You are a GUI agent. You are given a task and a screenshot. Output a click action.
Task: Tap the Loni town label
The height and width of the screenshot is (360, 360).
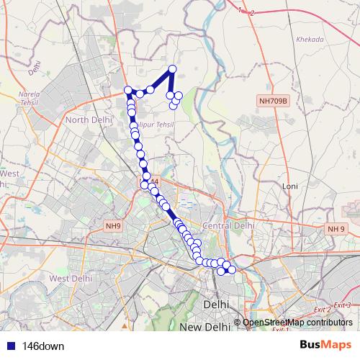(290, 186)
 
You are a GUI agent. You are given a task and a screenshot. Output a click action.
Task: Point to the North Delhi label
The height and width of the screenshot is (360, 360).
(86, 120)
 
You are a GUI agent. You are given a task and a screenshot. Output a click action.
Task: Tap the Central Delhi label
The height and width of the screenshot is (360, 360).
(229, 225)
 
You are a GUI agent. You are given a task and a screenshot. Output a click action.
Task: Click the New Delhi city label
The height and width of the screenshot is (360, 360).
(204, 328)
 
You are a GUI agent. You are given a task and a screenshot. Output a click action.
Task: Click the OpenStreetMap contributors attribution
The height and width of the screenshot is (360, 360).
(297, 323)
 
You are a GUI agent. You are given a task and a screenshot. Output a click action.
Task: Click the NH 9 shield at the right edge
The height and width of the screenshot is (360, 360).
(336, 228)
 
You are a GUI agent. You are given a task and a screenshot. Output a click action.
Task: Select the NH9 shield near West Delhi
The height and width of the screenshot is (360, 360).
(114, 226)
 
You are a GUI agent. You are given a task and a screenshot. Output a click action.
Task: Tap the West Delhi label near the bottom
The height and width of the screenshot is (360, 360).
(70, 278)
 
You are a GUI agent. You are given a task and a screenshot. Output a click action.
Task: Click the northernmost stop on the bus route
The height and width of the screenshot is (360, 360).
(172, 69)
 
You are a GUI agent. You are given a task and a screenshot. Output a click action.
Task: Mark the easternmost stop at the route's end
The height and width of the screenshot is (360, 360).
(231, 269)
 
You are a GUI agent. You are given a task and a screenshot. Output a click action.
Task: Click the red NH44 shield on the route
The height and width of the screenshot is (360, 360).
(148, 183)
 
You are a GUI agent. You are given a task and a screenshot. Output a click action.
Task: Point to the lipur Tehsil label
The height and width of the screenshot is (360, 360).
(156, 125)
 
